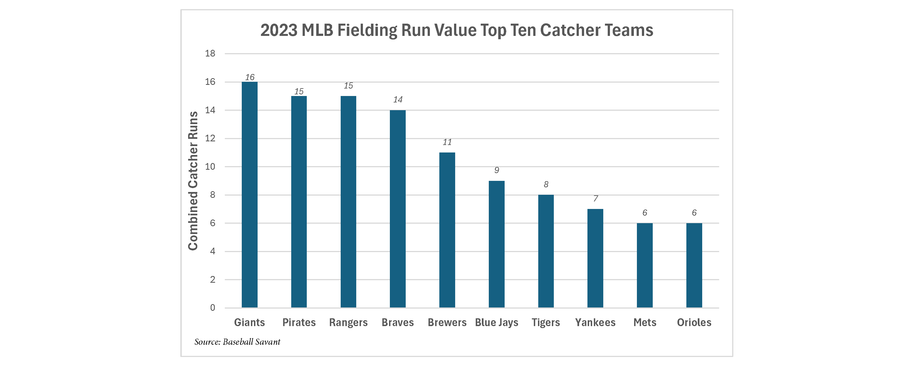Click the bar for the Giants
[250, 194]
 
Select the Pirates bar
[299, 202]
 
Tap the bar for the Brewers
[447, 230]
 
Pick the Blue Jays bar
[497, 244]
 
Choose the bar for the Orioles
[694, 265]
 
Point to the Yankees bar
[595, 258]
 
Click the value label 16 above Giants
[250, 77]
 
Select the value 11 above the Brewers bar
[447, 142]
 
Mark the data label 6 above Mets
[645, 213]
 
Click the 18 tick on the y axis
[210, 53]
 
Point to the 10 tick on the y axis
[210, 166]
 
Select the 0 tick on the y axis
[213, 307]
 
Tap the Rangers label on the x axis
[348, 322]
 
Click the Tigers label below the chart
[546, 322]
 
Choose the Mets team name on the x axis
[645, 322]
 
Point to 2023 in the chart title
[279, 30]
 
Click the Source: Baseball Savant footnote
[237, 342]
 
